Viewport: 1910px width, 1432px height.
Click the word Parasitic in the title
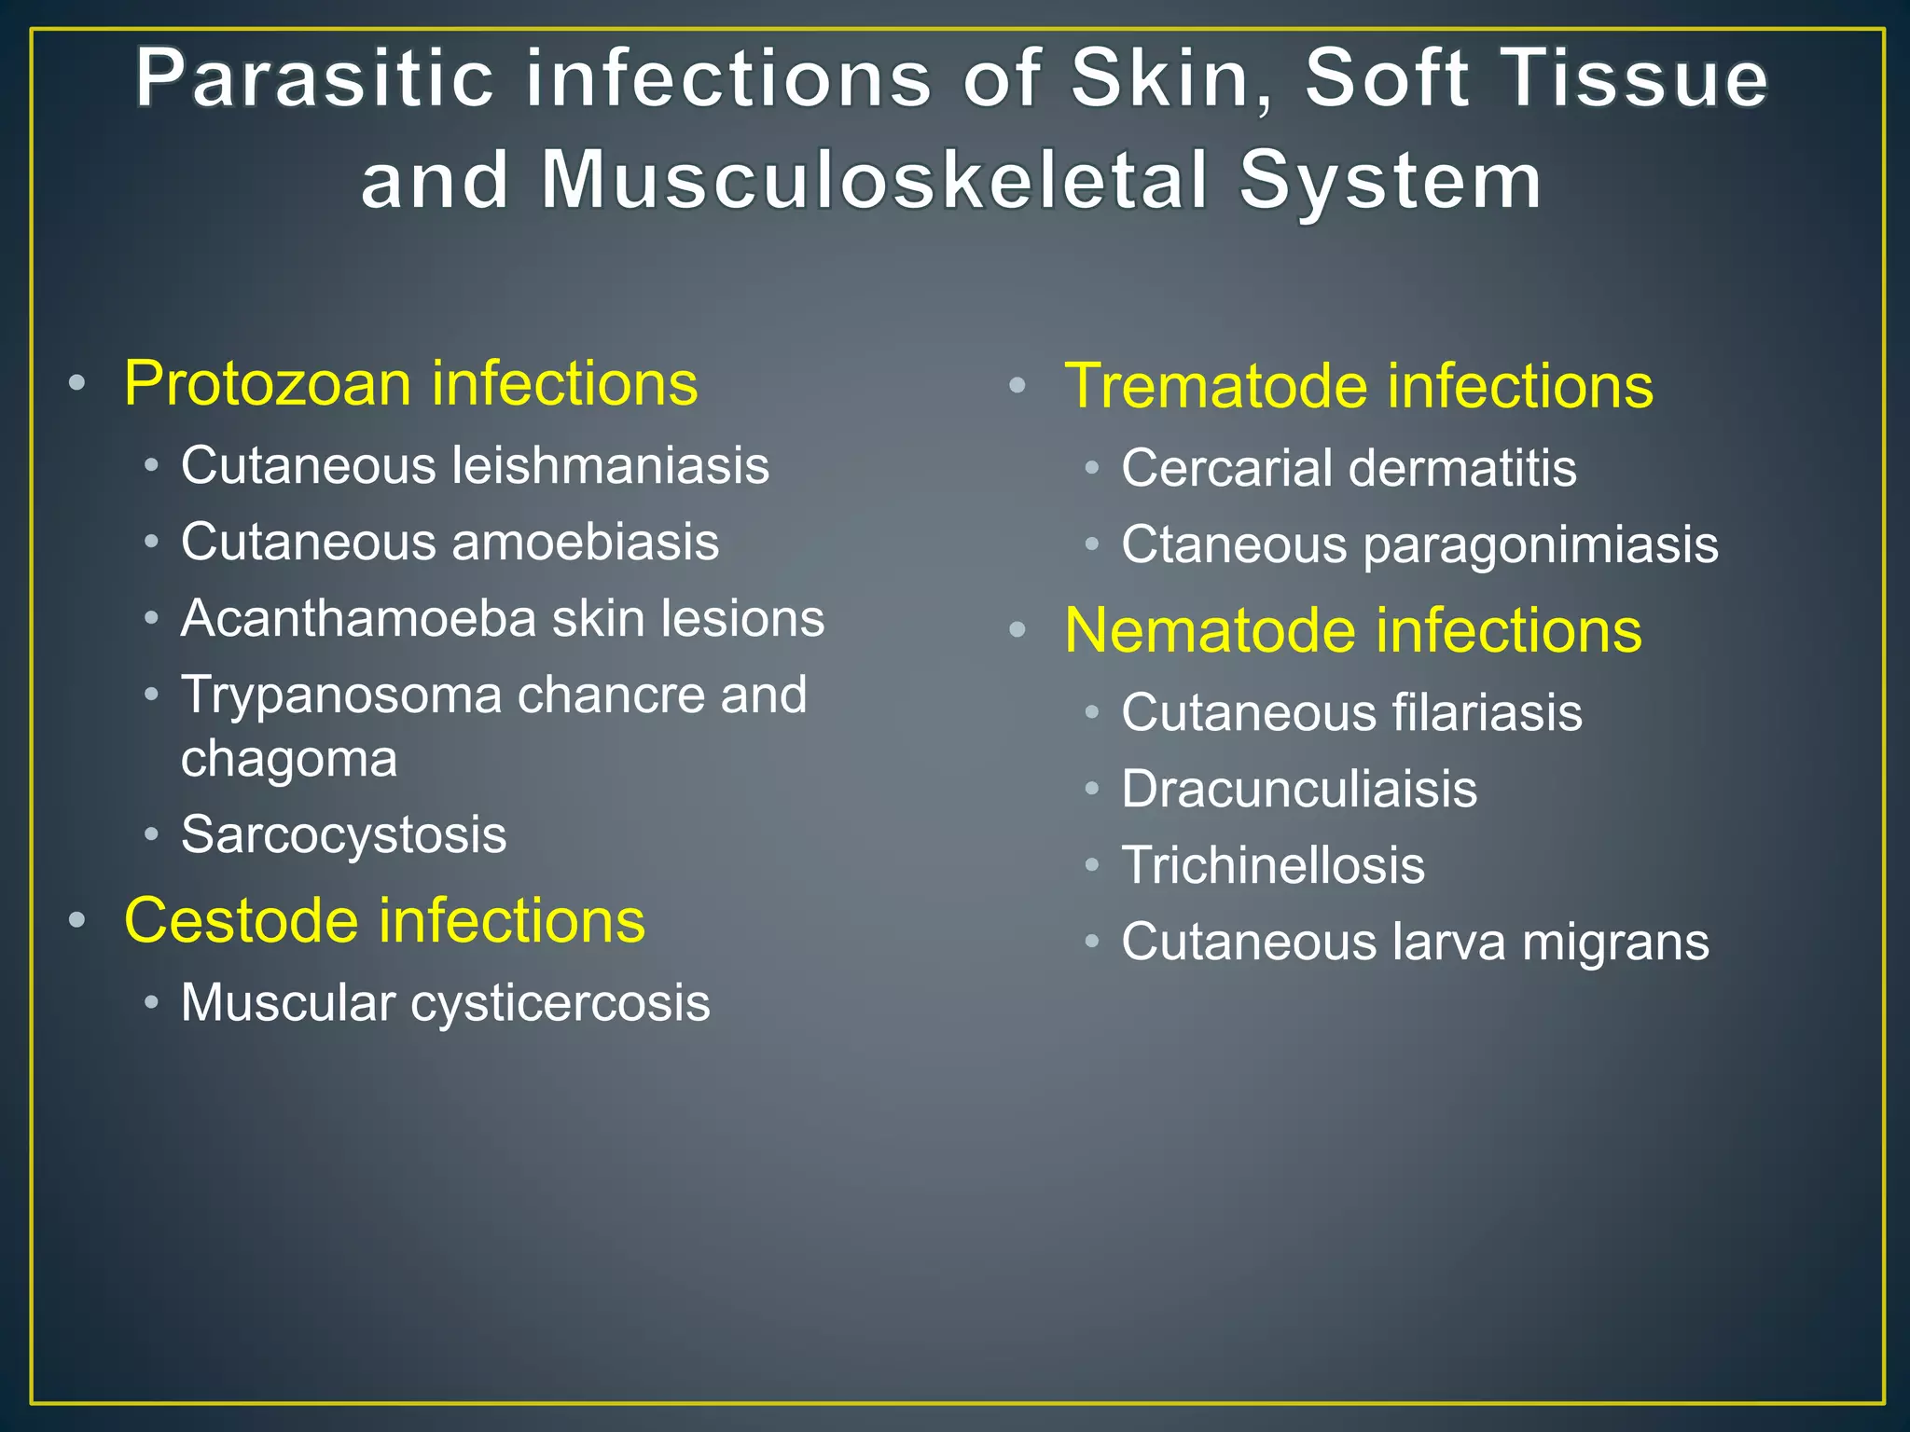[x=314, y=80]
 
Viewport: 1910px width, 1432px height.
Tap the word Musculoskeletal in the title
[x=875, y=181]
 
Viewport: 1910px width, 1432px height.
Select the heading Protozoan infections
[x=410, y=383]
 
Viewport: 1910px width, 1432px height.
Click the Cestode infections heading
[x=384, y=920]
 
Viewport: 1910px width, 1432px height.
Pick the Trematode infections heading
[x=1359, y=386]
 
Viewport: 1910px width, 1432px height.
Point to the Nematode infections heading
[x=1352, y=631]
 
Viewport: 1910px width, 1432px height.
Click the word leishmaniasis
[x=611, y=465]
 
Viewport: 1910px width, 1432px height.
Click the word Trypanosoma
[x=340, y=695]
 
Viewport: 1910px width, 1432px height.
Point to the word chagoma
[x=289, y=759]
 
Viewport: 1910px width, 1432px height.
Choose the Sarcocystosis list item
[x=343, y=834]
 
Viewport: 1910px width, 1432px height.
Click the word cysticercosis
[x=561, y=1003]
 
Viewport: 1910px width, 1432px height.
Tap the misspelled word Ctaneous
[x=1234, y=544]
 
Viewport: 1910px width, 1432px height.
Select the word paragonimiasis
[x=1541, y=546]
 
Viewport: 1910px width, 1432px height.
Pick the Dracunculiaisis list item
[x=1299, y=790]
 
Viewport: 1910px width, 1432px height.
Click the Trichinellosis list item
[x=1273, y=865]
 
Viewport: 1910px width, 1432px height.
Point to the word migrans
[x=1615, y=943]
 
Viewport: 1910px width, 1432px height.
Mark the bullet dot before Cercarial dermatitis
[x=1092, y=467]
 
